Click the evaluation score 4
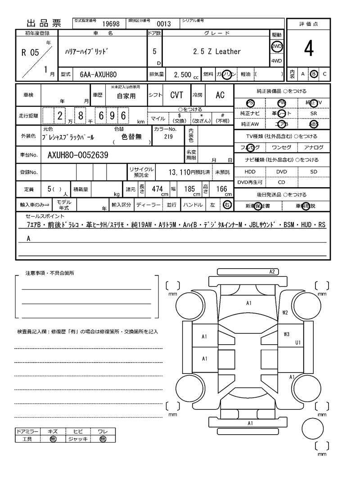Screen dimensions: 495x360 click(x=308, y=49)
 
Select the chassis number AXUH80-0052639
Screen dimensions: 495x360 click(x=77, y=155)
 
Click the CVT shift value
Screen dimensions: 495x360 click(x=176, y=95)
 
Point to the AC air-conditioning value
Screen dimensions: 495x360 click(x=220, y=95)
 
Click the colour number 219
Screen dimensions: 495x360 click(x=168, y=137)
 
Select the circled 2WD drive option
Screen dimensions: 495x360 click(x=276, y=46)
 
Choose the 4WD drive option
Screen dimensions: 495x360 click(x=276, y=61)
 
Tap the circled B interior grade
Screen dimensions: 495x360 click(x=314, y=74)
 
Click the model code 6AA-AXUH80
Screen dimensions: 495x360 click(x=98, y=74)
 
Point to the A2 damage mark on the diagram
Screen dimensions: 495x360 click(x=272, y=272)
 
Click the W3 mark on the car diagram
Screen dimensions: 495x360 click(x=287, y=334)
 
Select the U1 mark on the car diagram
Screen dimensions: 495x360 click(x=297, y=342)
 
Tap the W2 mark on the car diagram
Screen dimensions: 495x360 click(x=285, y=312)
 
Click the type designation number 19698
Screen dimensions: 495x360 click(x=110, y=24)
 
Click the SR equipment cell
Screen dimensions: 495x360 click(x=313, y=113)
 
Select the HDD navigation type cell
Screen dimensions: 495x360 click(x=250, y=172)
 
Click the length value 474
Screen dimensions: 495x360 click(x=157, y=189)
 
